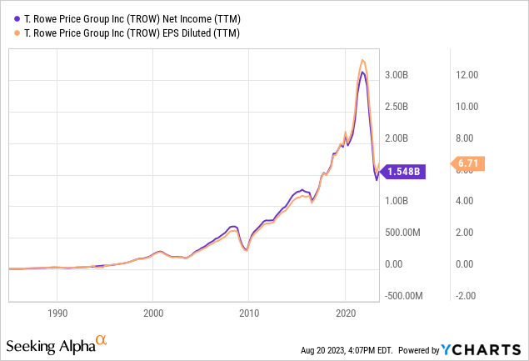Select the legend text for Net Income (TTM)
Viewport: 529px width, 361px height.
point(126,16)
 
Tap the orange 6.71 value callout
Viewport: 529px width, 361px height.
point(469,163)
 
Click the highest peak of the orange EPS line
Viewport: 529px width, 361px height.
point(362,60)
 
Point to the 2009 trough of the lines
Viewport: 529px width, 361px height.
point(245,249)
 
